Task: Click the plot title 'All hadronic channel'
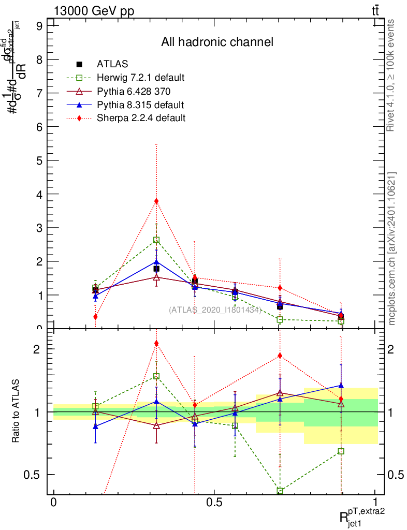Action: coord(217,42)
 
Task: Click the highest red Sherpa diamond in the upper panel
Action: coord(156,201)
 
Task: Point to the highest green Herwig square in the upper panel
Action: coord(156,240)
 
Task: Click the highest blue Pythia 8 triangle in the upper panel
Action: coord(156,262)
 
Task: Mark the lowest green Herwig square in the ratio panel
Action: coord(280,491)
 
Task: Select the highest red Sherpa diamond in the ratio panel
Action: coord(156,343)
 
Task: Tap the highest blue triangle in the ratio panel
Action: coord(341,385)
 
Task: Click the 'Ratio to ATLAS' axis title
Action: coord(17,412)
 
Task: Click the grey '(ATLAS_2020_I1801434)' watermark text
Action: coord(215,310)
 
